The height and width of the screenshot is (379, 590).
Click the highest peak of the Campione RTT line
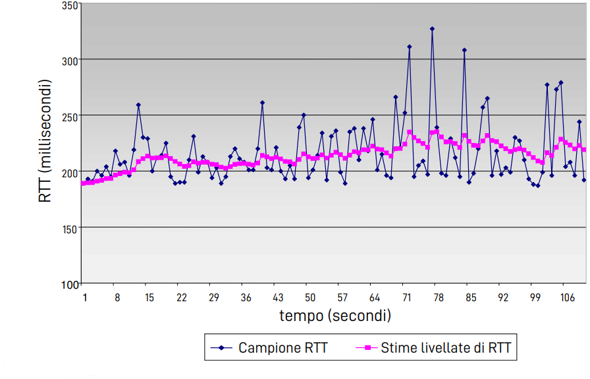(x=432, y=29)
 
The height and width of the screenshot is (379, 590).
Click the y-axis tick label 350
(x=70, y=5)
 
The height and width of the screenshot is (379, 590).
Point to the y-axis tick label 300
(x=70, y=60)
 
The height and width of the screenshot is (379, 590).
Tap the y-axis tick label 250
(x=70, y=116)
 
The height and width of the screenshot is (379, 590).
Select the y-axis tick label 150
(x=70, y=228)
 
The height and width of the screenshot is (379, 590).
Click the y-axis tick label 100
(x=70, y=284)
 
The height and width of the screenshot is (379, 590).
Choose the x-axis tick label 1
(x=85, y=298)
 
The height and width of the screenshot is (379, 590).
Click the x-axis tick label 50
(x=310, y=298)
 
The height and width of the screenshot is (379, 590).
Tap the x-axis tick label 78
(x=439, y=298)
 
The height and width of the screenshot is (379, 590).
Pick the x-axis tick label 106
(x=568, y=298)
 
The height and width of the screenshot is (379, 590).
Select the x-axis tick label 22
(x=181, y=298)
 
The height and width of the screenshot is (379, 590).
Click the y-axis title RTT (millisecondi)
(x=45, y=141)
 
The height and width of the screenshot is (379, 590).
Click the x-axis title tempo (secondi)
(x=335, y=316)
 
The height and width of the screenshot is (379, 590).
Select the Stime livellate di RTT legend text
(x=445, y=347)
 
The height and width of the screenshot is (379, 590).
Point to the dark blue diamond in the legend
(x=222, y=347)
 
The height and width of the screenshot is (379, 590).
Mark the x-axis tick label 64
(x=375, y=298)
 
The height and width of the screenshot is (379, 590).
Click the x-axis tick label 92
(x=503, y=298)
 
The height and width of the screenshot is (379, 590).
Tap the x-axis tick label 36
(x=246, y=298)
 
